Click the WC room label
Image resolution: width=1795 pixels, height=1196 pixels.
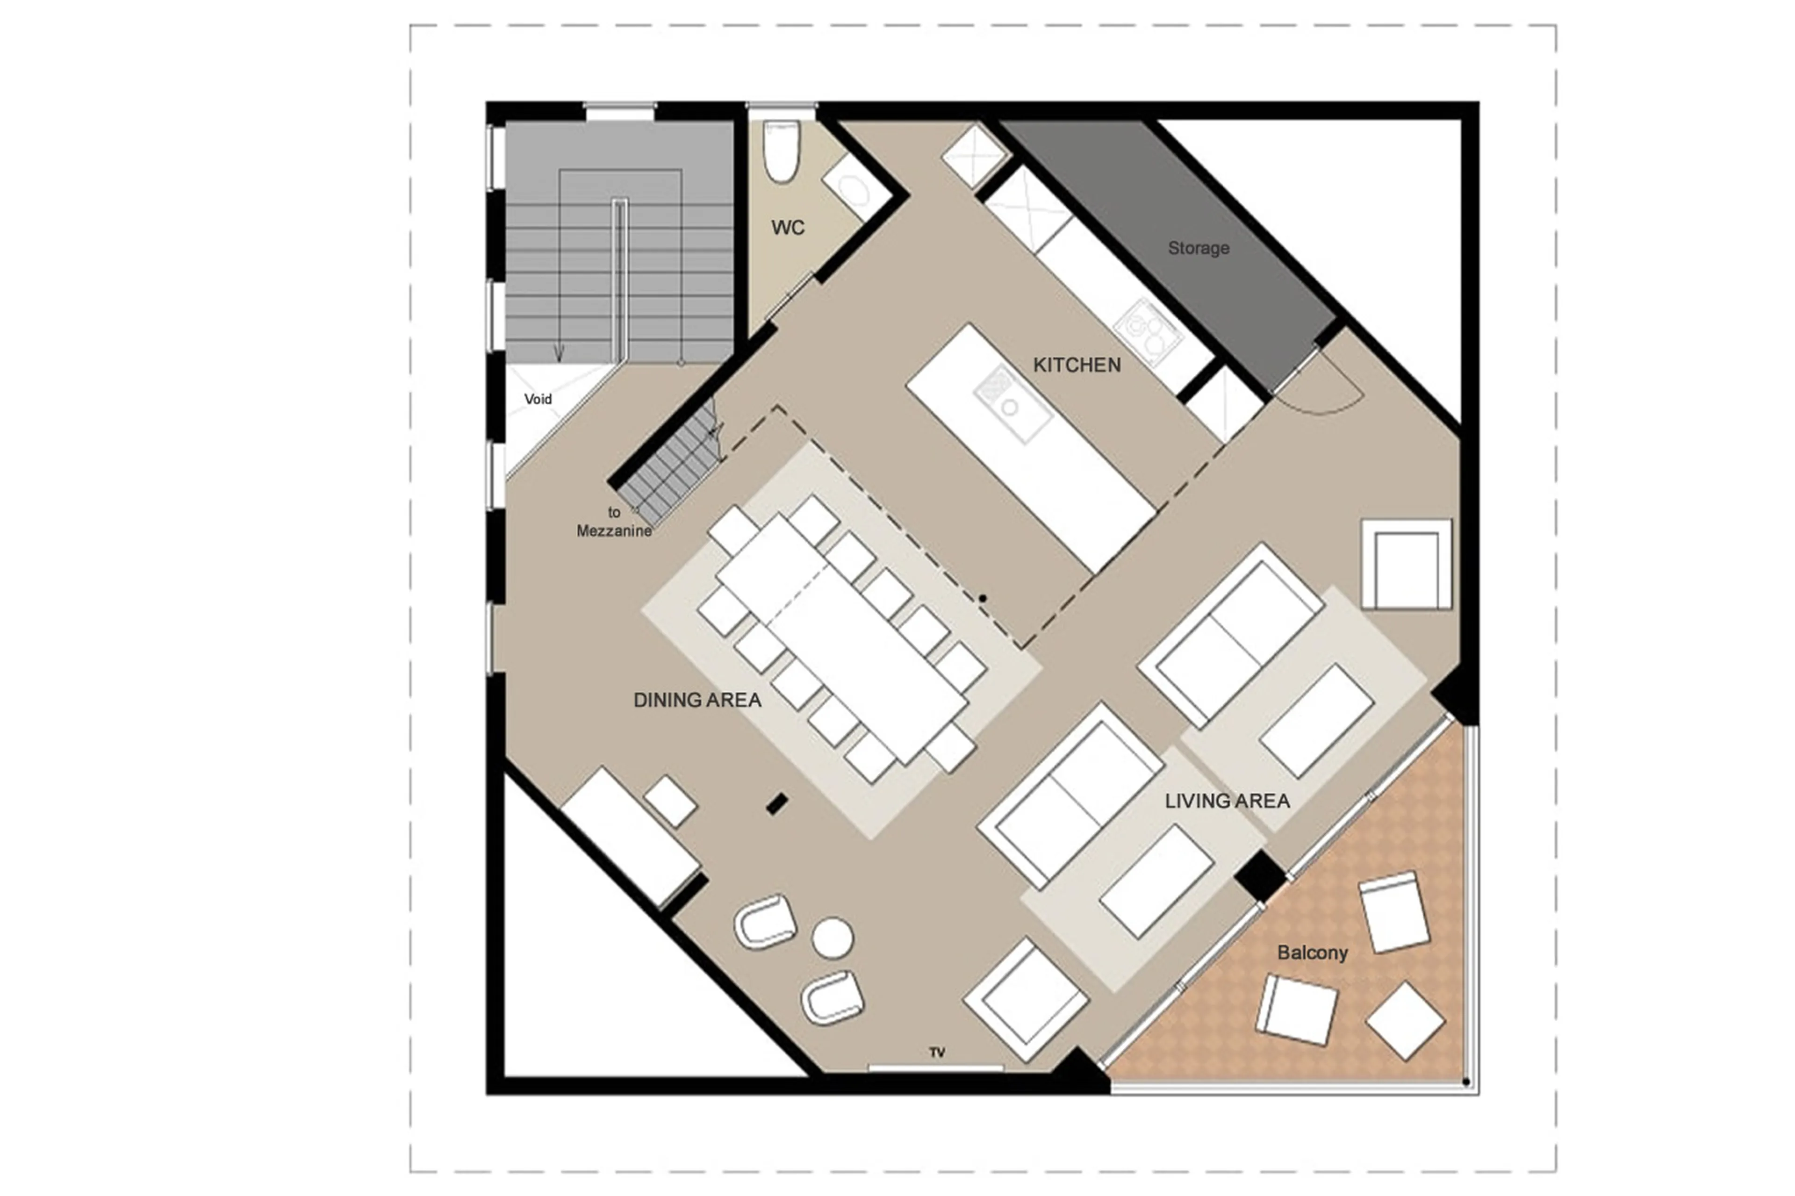[x=787, y=227]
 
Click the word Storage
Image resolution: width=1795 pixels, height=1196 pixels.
[x=1198, y=248]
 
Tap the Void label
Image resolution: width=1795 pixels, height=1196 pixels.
[x=538, y=399]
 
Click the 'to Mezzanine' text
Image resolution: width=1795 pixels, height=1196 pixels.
[x=613, y=522]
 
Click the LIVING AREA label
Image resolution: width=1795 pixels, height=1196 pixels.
[x=1227, y=800]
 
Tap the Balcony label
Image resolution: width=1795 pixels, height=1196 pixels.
[x=1312, y=952]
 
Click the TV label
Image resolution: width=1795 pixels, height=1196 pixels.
[x=937, y=1052]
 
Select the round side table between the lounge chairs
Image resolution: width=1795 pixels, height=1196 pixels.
[x=832, y=938]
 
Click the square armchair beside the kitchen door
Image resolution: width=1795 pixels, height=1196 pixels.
[x=1406, y=565]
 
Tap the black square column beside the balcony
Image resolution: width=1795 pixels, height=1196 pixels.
[x=1260, y=876]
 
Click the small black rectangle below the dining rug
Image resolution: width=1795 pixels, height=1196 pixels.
[x=776, y=803]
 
